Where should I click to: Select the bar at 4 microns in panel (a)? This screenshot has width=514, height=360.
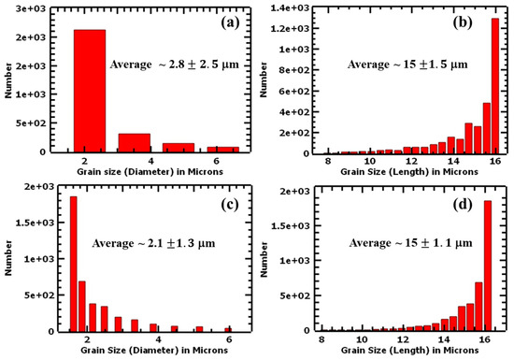[x=135, y=142]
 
